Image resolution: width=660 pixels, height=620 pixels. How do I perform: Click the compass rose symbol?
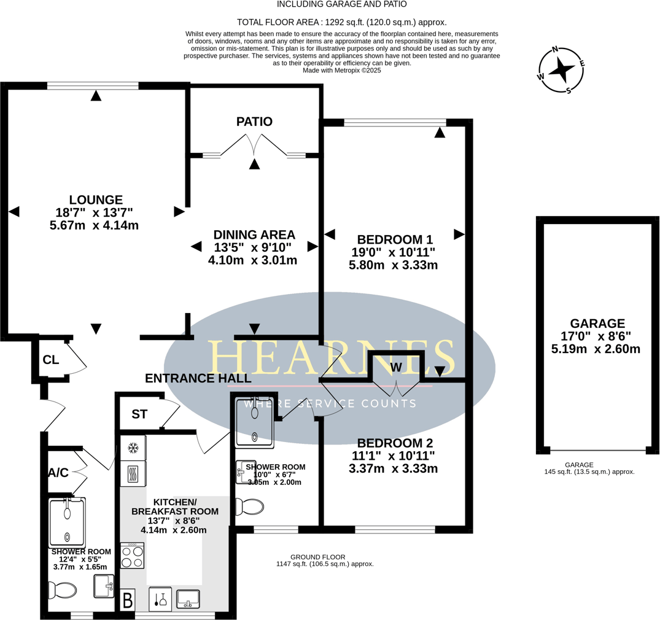[x=561, y=71]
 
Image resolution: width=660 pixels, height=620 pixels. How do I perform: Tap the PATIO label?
[x=254, y=122]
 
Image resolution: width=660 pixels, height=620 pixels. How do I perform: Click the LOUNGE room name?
[x=96, y=200]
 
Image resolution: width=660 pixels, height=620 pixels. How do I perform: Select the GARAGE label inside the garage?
[x=597, y=324]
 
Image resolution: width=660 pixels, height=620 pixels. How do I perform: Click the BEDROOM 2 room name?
[x=395, y=443]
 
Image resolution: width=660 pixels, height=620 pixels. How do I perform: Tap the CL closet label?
[x=51, y=360]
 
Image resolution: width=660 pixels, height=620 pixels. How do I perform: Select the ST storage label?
[x=139, y=414]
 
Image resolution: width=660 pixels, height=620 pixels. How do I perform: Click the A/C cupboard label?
[x=58, y=473]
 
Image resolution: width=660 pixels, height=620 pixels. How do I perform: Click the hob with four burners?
[x=132, y=556]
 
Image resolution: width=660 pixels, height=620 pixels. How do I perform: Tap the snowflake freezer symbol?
[x=132, y=449]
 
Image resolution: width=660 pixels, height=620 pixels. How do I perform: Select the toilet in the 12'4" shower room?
[x=63, y=591]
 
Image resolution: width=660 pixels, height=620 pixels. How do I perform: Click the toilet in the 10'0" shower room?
[x=250, y=506]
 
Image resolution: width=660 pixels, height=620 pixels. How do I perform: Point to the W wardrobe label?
[x=396, y=367]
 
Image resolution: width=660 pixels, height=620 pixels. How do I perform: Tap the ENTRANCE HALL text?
[x=198, y=379]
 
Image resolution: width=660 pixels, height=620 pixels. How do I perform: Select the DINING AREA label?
[x=254, y=234]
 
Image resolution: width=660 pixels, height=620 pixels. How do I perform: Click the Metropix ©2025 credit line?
[x=342, y=71]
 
